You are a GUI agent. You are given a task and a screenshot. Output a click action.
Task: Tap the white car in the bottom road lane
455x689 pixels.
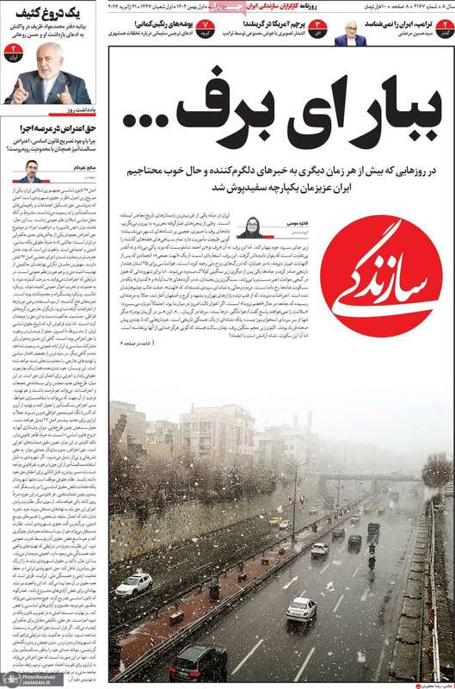[301, 608]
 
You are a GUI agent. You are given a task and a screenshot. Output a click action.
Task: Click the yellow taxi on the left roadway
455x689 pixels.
[274, 521]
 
